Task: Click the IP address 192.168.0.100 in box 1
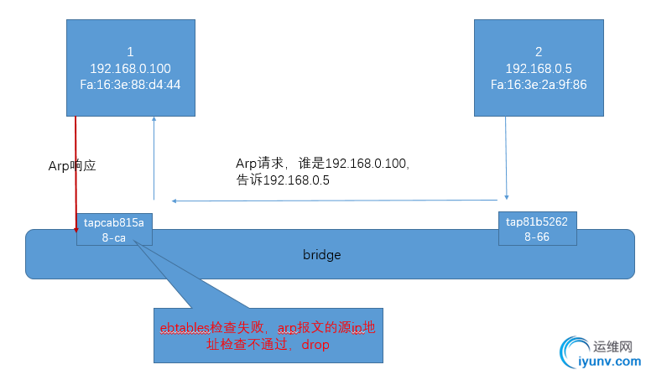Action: pyautogui.click(x=130, y=68)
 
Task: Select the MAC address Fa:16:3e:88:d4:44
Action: pyautogui.click(x=130, y=84)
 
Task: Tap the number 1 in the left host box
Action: pyautogui.click(x=130, y=52)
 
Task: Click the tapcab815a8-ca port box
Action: pyautogui.click(x=114, y=229)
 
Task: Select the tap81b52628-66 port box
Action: pyautogui.click(x=537, y=228)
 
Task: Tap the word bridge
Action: pyautogui.click(x=321, y=254)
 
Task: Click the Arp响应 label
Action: pyautogui.click(x=72, y=166)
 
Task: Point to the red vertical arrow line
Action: pyautogui.click(x=76, y=168)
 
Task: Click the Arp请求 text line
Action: pyautogui.click(x=323, y=163)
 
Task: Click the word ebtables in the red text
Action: pyautogui.click(x=186, y=327)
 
